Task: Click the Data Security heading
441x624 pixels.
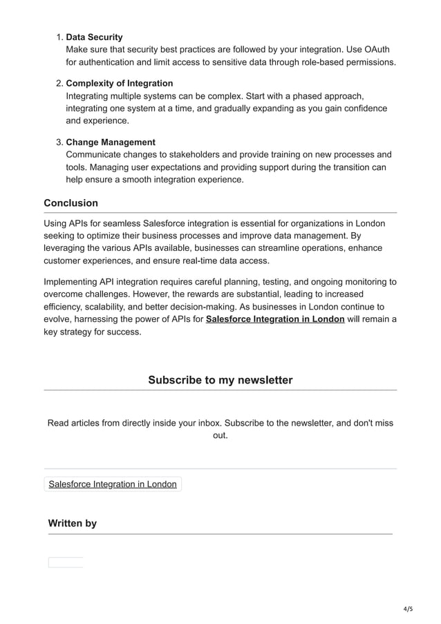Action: pyautogui.click(x=94, y=37)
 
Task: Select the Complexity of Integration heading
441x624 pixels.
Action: pyautogui.click(x=119, y=84)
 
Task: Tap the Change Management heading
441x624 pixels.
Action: pyautogui.click(x=110, y=142)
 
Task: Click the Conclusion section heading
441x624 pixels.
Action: pyautogui.click(x=71, y=203)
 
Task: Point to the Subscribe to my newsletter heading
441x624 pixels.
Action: pyautogui.click(x=220, y=380)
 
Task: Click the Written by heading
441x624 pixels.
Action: pyautogui.click(x=72, y=523)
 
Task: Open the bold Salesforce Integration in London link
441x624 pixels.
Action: pyautogui.click(x=275, y=319)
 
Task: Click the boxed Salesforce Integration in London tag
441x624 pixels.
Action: pyautogui.click(x=113, y=484)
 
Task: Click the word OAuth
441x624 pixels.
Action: pyautogui.click(x=381, y=50)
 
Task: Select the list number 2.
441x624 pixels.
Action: pyautogui.click(x=58, y=84)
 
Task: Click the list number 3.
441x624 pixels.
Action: pyautogui.click(x=58, y=142)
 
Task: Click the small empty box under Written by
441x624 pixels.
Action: pyautogui.click(x=65, y=562)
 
